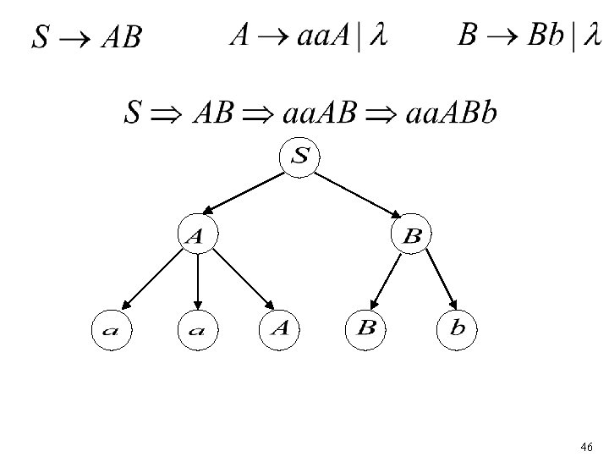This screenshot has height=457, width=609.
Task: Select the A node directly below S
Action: click(196, 236)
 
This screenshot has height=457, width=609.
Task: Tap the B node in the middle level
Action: click(412, 236)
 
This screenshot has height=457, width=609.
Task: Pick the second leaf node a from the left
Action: click(196, 329)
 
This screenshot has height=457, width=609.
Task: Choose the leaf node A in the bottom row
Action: click(281, 328)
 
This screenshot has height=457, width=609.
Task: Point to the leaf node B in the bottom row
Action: click(366, 328)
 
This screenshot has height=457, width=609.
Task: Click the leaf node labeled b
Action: click(458, 328)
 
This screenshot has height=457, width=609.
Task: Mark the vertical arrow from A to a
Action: click(196, 280)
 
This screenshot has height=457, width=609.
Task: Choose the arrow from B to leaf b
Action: click(441, 279)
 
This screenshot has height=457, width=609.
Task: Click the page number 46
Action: click(588, 445)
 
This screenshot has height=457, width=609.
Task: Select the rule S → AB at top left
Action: click(86, 37)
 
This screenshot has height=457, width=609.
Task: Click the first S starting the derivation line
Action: click(132, 113)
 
